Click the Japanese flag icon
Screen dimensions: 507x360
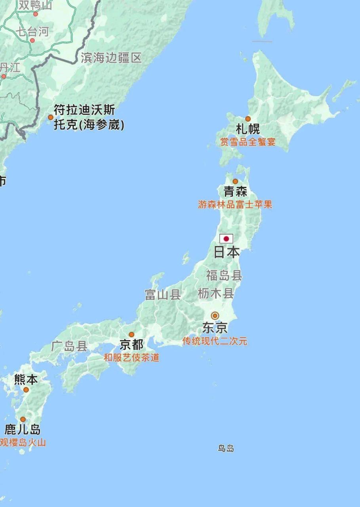(x=226, y=239)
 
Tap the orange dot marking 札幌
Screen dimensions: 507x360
(x=248, y=119)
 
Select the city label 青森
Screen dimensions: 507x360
(x=235, y=192)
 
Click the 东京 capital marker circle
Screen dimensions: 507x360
(x=215, y=316)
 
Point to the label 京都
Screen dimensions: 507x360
(x=131, y=345)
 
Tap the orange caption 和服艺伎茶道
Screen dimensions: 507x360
(x=131, y=358)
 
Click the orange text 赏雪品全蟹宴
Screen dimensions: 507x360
(x=248, y=142)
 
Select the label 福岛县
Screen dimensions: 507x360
(x=224, y=275)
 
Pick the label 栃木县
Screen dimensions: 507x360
(x=215, y=294)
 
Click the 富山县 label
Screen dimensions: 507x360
(x=163, y=295)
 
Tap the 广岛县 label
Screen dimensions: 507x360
(x=69, y=347)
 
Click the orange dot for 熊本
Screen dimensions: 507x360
(x=26, y=390)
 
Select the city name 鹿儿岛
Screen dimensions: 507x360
(x=23, y=430)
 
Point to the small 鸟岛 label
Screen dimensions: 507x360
(x=226, y=448)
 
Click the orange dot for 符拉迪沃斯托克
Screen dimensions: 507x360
(x=51, y=117)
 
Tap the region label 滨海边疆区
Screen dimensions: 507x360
(x=111, y=58)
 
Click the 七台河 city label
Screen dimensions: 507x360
(x=32, y=32)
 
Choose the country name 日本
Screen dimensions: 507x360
(x=227, y=252)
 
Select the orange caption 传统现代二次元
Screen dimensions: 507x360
(x=215, y=341)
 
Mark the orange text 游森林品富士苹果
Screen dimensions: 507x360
(x=235, y=205)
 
